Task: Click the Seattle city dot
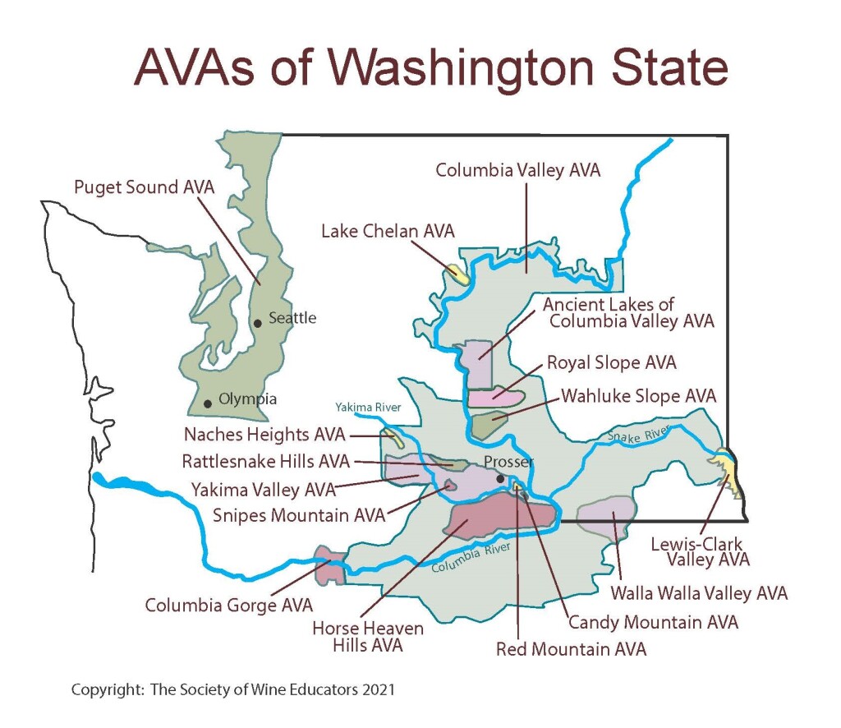(x=258, y=323)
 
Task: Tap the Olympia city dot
(x=208, y=403)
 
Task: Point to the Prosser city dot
(x=501, y=478)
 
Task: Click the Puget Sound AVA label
(x=144, y=187)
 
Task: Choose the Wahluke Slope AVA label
(x=638, y=396)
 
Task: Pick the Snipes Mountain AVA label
(x=298, y=515)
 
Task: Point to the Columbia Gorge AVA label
(x=228, y=606)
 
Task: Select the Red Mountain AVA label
(x=571, y=649)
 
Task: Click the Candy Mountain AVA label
(x=653, y=622)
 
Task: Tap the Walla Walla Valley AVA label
(x=700, y=592)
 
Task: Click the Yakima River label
(x=363, y=407)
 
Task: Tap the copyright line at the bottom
(x=233, y=689)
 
